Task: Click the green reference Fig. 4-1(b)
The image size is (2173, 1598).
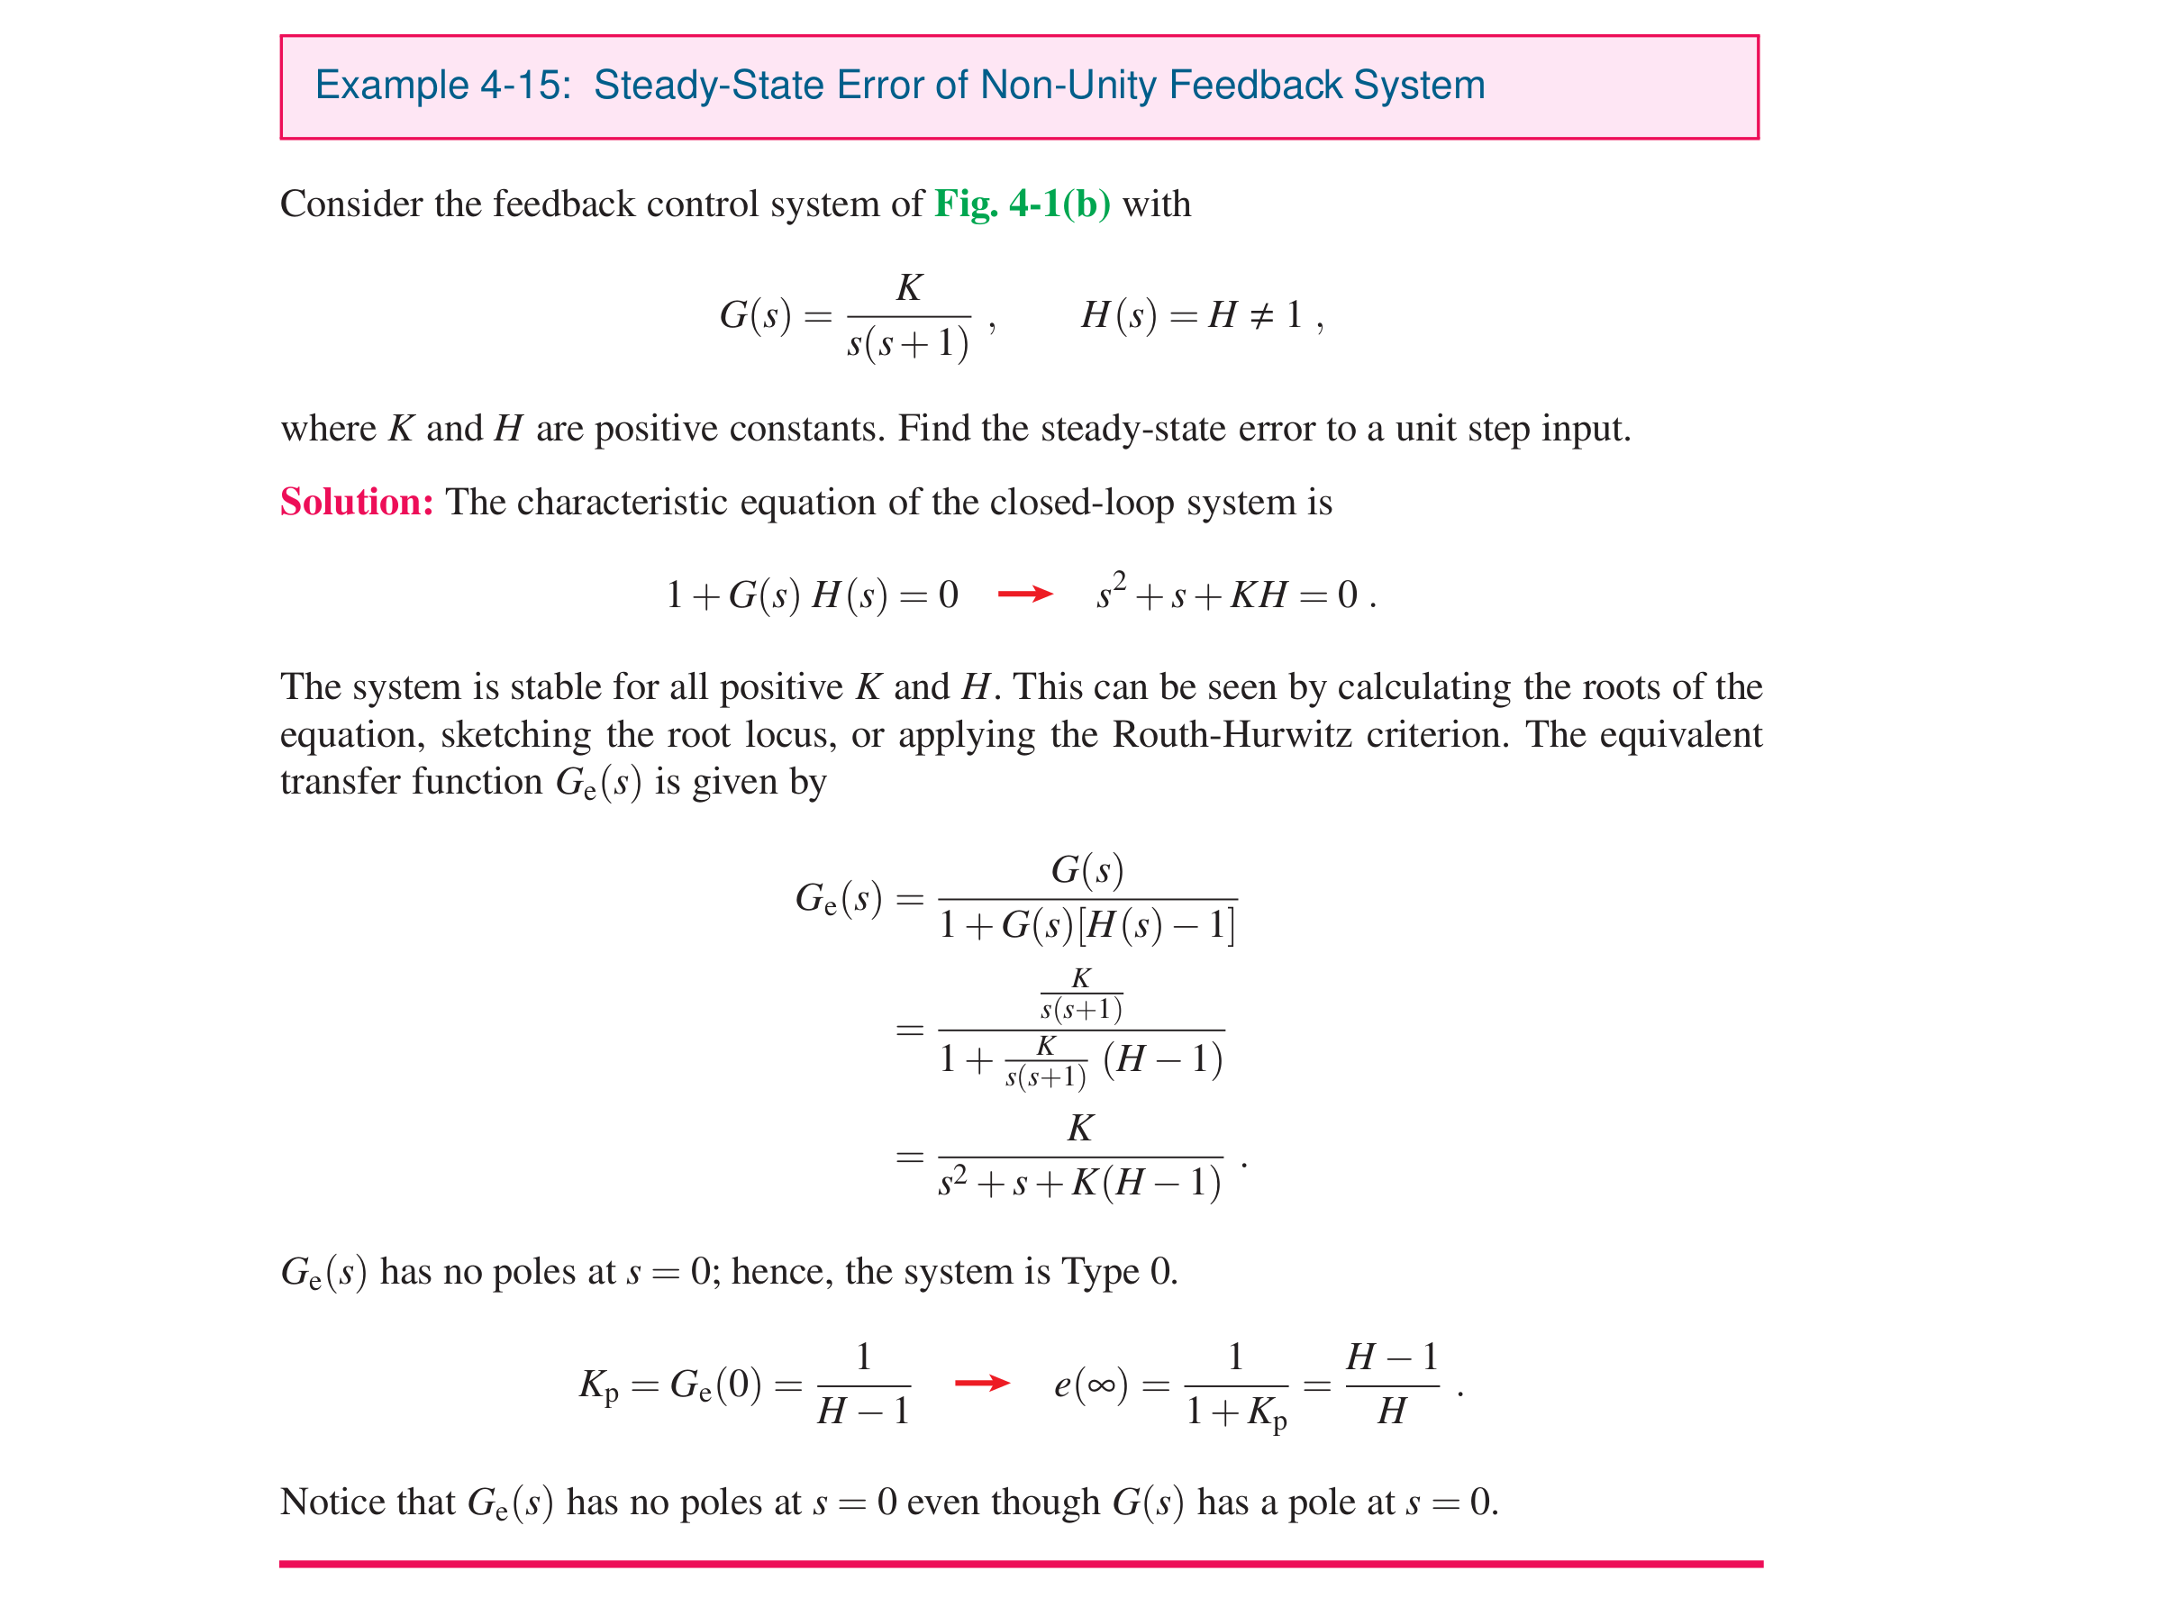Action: tap(1022, 204)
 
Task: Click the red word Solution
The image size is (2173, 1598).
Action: tap(355, 502)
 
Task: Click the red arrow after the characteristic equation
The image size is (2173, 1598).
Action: tap(1024, 594)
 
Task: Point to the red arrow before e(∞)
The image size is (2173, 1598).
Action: tap(981, 1384)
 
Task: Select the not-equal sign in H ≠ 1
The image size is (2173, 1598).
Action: tap(1260, 315)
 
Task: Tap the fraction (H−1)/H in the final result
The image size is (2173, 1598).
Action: tap(1391, 1385)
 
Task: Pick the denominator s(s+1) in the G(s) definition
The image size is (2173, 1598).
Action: tap(907, 343)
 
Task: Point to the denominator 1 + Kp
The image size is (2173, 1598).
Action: tap(1235, 1412)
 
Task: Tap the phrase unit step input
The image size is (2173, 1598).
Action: tap(1513, 429)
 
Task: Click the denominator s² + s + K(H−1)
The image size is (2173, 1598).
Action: tap(1078, 1183)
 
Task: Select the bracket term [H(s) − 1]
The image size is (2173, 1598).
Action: tap(1156, 926)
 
